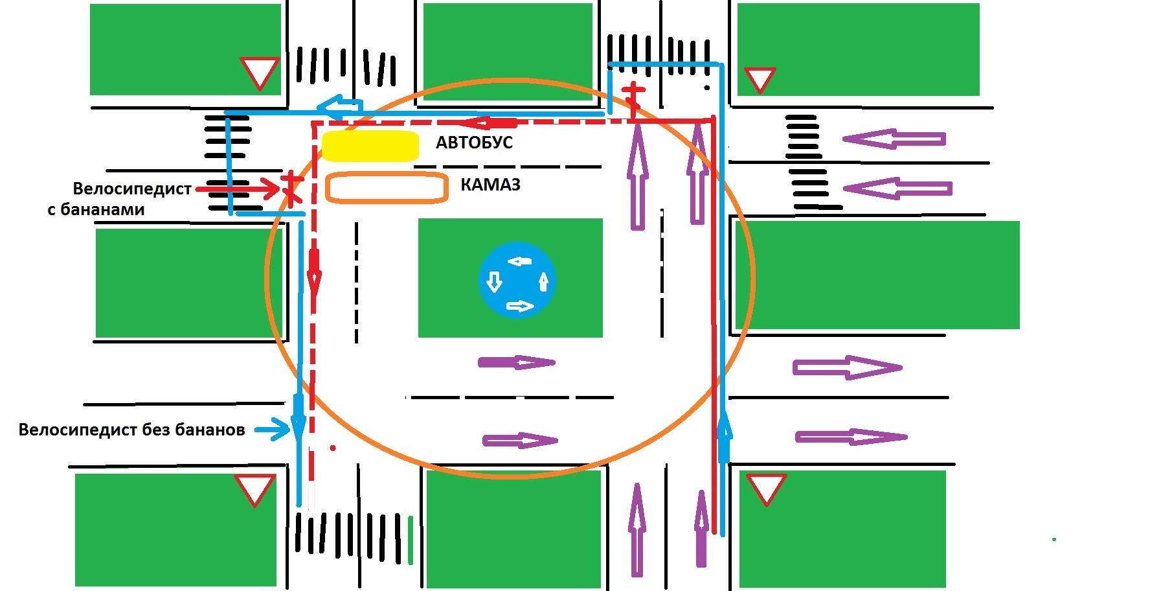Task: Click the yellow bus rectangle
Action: pos(370,146)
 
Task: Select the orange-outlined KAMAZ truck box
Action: pos(387,187)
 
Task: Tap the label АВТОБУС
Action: pos(474,143)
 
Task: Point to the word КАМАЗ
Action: pos(490,185)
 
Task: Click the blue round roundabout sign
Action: pos(517,280)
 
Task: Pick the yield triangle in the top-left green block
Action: pos(260,71)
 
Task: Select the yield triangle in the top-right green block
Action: pos(760,79)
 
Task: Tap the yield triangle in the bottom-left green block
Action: pos(254,489)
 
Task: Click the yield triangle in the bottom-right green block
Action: pos(766,488)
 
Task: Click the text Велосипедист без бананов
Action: pos(131,430)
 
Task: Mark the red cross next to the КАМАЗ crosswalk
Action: pos(291,186)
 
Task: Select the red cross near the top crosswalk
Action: pos(633,97)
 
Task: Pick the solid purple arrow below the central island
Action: pos(516,362)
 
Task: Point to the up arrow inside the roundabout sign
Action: pos(544,282)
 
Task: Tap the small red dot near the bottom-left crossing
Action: pos(333,448)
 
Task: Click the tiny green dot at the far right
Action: pos(1054,539)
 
